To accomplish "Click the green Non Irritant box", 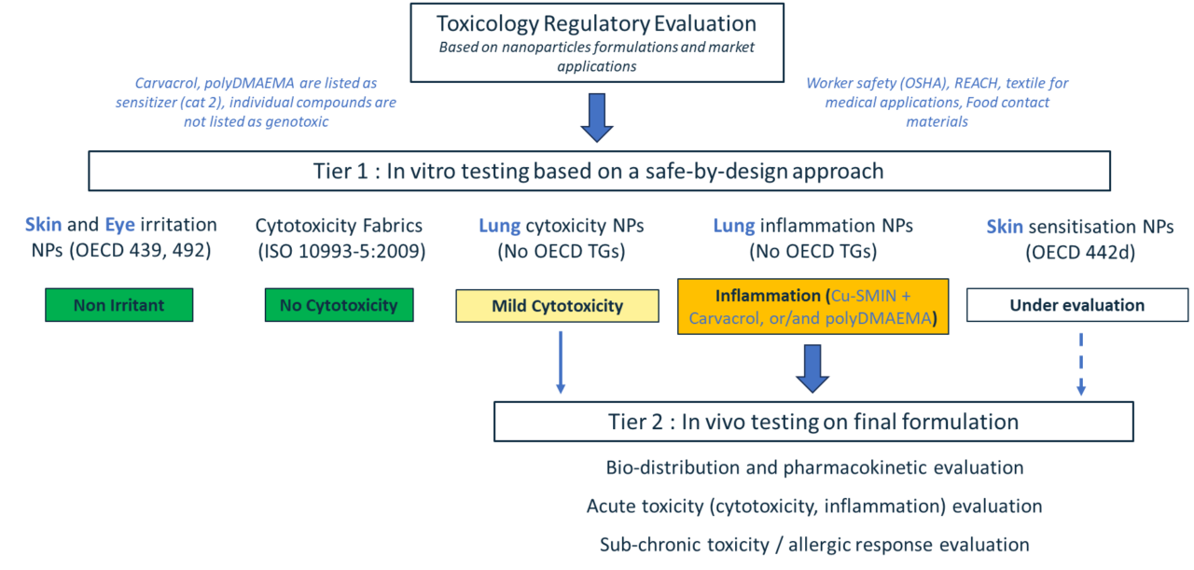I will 119,305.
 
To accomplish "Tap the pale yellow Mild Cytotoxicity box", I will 558,306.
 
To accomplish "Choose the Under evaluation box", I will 1076,305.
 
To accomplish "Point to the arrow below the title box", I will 597,118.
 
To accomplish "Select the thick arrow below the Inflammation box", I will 812,368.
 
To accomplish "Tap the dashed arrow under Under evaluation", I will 1080,364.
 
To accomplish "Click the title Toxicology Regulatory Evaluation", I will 597,23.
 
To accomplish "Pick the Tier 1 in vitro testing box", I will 599,171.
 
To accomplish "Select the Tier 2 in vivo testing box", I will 812,422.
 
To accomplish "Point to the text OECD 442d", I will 1079,252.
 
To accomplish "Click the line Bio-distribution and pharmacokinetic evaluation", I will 813,467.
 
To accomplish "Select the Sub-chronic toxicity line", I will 813,545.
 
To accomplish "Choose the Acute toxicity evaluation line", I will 813,506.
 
